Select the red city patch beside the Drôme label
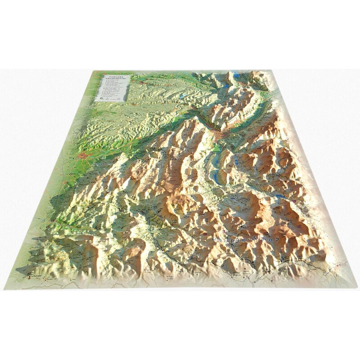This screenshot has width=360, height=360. point(84,156)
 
